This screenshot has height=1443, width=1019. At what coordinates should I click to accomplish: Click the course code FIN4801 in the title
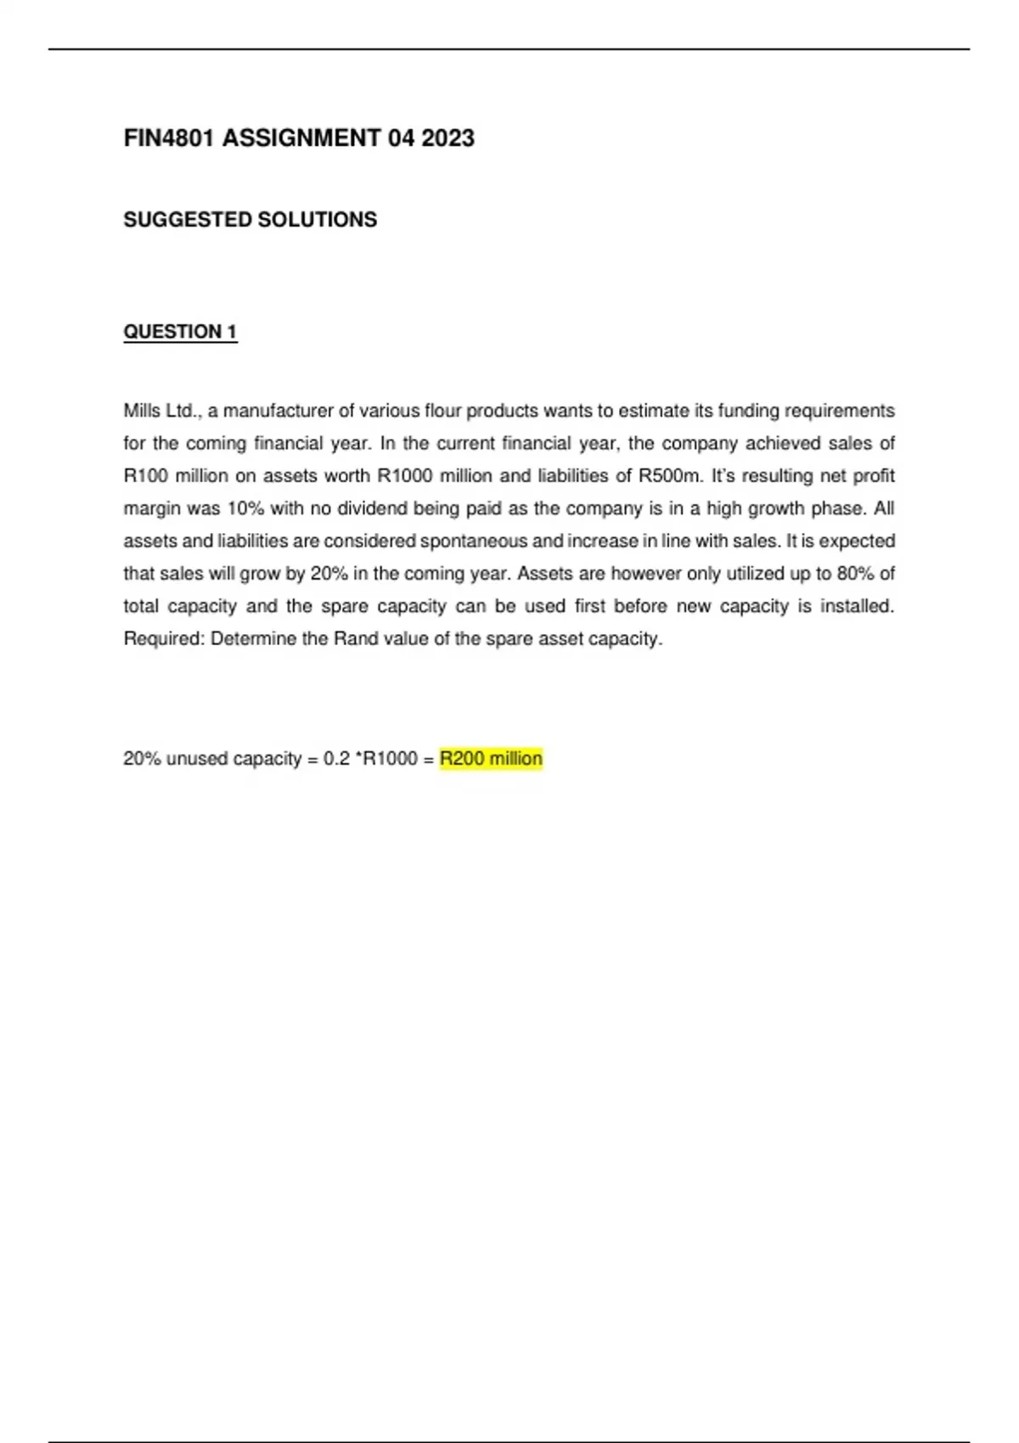coord(169,138)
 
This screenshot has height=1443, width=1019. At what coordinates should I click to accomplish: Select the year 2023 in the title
coord(448,138)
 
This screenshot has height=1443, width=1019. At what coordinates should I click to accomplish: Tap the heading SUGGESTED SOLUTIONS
coord(250,220)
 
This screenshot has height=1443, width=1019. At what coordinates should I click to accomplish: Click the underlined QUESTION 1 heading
coord(180,332)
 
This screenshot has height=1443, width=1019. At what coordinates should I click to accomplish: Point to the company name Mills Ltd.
coord(160,412)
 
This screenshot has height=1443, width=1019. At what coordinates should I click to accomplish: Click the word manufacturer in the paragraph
coord(277,412)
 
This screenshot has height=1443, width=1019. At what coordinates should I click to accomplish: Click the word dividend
coord(372,509)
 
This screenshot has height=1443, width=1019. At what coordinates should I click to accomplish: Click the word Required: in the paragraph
coord(164,639)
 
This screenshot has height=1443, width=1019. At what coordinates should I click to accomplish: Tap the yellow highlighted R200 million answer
coord(491,759)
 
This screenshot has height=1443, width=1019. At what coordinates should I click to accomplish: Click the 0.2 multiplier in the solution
coord(336,759)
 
